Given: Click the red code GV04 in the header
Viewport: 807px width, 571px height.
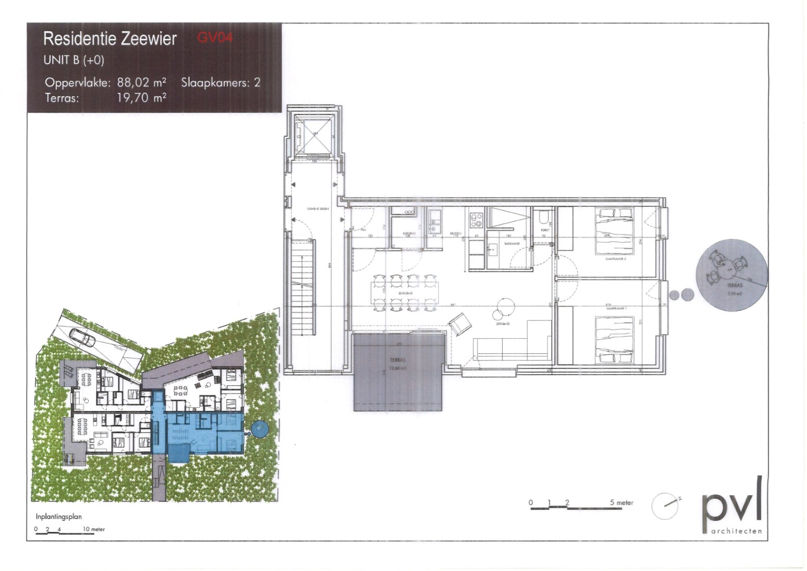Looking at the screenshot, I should click(x=215, y=38).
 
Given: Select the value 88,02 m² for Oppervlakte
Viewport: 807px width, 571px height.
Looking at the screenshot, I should click(x=142, y=82).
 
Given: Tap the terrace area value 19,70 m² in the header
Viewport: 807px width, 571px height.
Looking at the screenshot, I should click(x=142, y=97).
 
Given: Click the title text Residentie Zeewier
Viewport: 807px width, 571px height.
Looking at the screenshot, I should click(x=109, y=39).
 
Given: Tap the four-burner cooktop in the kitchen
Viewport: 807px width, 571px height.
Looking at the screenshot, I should click(x=476, y=218).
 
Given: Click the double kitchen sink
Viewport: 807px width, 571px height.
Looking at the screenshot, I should click(x=436, y=222).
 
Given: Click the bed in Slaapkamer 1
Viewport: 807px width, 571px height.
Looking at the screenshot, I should click(x=615, y=339).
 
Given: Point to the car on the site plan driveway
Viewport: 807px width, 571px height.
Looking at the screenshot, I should click(x=82, y=336).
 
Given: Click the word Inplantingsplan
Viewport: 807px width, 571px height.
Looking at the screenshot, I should click(x=58, y=517).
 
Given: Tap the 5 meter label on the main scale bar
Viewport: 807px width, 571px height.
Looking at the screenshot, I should click(x=622, y=502).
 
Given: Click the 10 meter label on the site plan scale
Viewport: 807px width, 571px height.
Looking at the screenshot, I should click(x=94, y=529).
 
